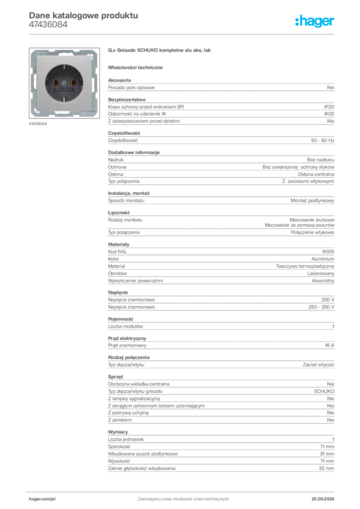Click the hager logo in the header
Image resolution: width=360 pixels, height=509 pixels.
pyautogui.click(x=314, y=21)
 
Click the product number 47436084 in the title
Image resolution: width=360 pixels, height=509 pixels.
pyautogui.click(x=48, y=25)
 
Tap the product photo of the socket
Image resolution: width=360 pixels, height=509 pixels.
pyautogui.click(x=64, y=83)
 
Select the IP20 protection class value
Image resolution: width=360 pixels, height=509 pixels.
pyautogui.click(x=329, y=107)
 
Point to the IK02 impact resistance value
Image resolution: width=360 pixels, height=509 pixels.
pyautogui.click(x=329, y=114)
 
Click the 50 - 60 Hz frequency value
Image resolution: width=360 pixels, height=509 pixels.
pyautogui.click(x=322, y=141)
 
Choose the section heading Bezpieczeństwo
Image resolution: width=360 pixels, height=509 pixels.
pyautogui.click(x=127, y=99)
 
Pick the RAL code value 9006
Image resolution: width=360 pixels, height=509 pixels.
pyautogui.click(x=328, y=252)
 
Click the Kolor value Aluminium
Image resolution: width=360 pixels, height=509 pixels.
pyautogui.click(x=323, y=259)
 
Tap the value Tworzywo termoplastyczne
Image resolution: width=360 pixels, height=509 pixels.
pyautogui.click(x=305, y=266)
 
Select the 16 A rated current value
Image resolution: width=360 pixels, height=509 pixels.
pyautogui.click(x=329, y=345)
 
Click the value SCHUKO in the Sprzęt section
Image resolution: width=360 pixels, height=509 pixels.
pyautogui.click(x=324, y=392)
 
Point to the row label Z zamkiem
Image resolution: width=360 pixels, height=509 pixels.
pyautogui.click(x=120, y=420)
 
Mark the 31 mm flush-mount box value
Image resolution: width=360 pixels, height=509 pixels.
pyautogui.click(x=327, y=454)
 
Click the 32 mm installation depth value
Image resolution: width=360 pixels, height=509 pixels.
pyautogui.click(x=326, y=468)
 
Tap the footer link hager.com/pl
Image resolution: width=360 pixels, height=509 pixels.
pyautogui.click(x=42, y=499)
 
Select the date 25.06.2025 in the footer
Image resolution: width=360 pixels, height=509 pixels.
pyautogui.click(x=323, y=499)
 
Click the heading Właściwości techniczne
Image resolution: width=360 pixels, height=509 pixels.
pyautogui.click(x=135, y=68)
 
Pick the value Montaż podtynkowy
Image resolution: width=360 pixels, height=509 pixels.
pyautogui.click(x=312, y=201)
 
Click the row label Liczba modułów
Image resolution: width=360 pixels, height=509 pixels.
pyautogui.click(x=125, y=326)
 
